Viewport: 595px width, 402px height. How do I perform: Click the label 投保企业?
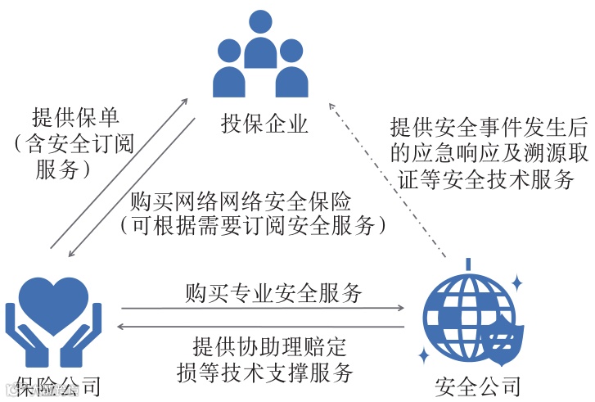pos(264,124)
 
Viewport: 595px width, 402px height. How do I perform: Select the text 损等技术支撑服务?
pos(264,373)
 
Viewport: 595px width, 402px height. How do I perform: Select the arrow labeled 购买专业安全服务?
pos(263,309)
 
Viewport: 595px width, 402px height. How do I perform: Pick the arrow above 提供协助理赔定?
pos(263,327)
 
